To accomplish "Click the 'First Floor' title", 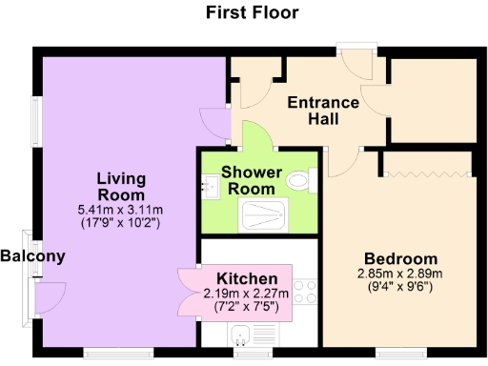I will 252,12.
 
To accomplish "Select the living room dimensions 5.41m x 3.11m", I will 120,210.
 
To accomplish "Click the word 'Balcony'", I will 32,255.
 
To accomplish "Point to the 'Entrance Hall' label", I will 323,111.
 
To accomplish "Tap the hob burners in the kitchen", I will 306,295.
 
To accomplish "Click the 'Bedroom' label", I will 400,258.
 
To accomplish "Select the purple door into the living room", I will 216,123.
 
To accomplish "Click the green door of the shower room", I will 256,134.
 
